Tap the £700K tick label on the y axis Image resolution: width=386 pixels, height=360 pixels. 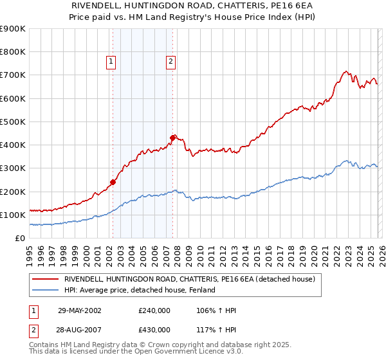tap(13, 75)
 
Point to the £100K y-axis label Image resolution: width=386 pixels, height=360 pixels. tap(13, 215)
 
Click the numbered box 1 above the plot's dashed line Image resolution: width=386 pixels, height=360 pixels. tap(111, 62)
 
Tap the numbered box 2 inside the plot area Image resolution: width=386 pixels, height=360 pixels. tap(171, 62)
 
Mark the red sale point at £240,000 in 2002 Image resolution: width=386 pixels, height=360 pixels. tap(113, 182)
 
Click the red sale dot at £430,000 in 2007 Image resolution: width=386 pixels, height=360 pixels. tap(172, 138)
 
